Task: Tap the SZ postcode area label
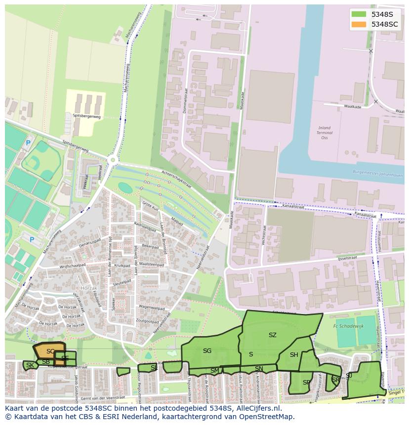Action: [272, 335]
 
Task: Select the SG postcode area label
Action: [207, 351]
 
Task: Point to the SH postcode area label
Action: [294, 355]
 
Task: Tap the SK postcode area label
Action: [30, 365]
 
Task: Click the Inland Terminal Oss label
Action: [324, 133]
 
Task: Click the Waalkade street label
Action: [353, 107]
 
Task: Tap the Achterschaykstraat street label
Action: [176, 180]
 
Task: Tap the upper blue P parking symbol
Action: [28, 143]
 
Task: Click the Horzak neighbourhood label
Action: [89, 287]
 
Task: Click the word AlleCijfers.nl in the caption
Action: [257, 408]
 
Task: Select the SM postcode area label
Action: [214, 370]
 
